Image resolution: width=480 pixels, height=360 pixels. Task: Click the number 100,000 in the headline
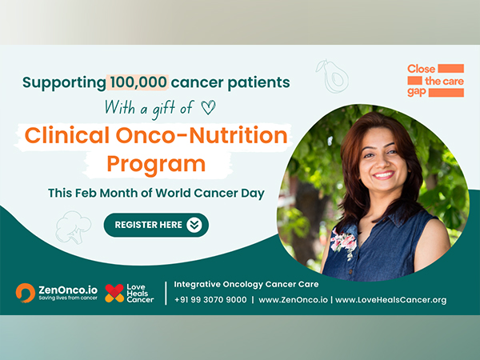(x=138, y=82)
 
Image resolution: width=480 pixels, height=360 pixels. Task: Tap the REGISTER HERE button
(x=156, y=225)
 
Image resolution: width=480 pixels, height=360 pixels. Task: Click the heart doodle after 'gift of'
(x=208, y=105)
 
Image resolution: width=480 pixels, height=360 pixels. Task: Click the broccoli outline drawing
(x=72, y=226)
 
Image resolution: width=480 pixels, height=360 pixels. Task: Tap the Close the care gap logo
(x=434, y=80)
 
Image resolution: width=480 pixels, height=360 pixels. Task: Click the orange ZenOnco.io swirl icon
(x=25, y=292)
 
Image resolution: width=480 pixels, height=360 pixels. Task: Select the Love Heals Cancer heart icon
(x=114, y=293)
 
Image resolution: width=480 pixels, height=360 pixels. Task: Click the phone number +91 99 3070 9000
(x=210, y=300)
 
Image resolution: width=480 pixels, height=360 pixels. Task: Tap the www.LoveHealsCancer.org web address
(x=390, y=300)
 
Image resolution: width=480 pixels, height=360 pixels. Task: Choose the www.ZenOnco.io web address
(x=291, y=300)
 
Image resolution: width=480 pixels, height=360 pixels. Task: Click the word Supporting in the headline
(x=63, y=82)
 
